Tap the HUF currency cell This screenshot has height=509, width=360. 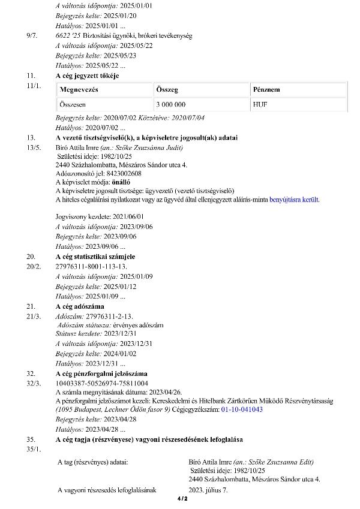(262, 104)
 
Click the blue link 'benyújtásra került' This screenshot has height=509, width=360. (295, 198)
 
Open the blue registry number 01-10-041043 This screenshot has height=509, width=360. (242, 409)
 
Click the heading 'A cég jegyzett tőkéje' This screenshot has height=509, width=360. (88, 76)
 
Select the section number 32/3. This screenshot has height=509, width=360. (33, 382)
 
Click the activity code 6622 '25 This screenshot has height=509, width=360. (69, 36)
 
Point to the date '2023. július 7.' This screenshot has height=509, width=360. (208, 490)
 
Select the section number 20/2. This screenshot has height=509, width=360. (33, 266)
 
